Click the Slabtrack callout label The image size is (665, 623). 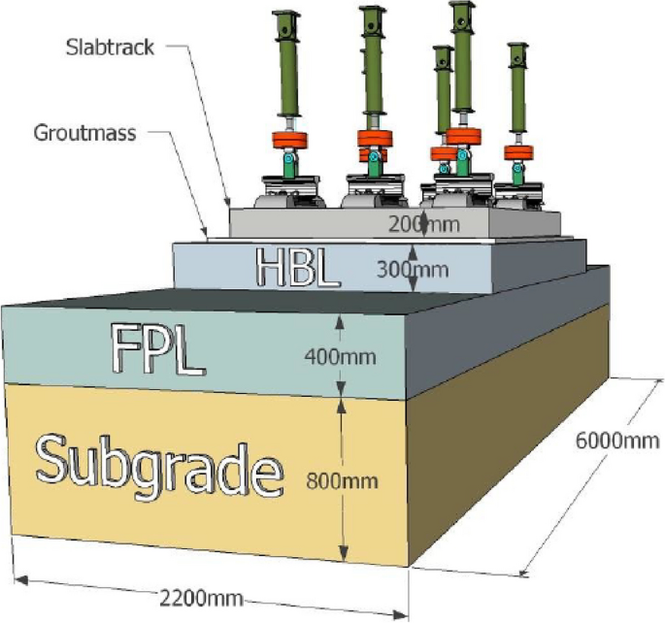pyautogui.click(x=111, y=47)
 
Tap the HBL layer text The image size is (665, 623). pyautogui.click(x=297, y=267)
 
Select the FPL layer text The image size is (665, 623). pyautogui.click(x=157, y=349)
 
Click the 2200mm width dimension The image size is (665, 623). pyautogui.click(x=197, y=593)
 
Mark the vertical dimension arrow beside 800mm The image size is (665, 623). pyautogui.click(x=342, y=482)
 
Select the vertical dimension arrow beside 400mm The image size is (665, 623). pyautogui.click(x=342, y=355)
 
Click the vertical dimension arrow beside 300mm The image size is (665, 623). pyautogui.click(x=413, y=267)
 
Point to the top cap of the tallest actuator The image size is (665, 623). pyautogui.click(x=460, y=13)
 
